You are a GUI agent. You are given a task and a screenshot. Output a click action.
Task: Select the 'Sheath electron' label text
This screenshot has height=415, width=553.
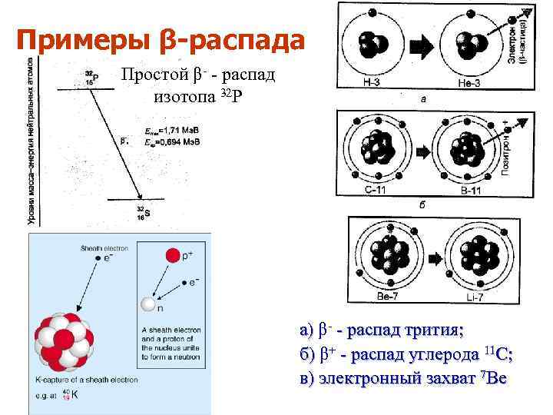(103, 248)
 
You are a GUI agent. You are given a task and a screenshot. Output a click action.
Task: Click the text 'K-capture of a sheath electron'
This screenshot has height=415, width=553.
(87, 380)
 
